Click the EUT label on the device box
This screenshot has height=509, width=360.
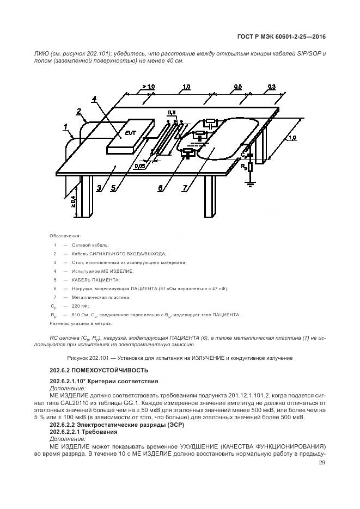130,132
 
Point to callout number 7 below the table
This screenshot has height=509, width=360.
185,188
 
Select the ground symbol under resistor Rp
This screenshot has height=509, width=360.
250,185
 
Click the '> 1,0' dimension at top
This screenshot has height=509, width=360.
148,87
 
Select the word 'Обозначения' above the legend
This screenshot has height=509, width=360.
65,236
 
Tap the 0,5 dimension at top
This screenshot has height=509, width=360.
238,87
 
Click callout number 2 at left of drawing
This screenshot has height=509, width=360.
79,112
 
